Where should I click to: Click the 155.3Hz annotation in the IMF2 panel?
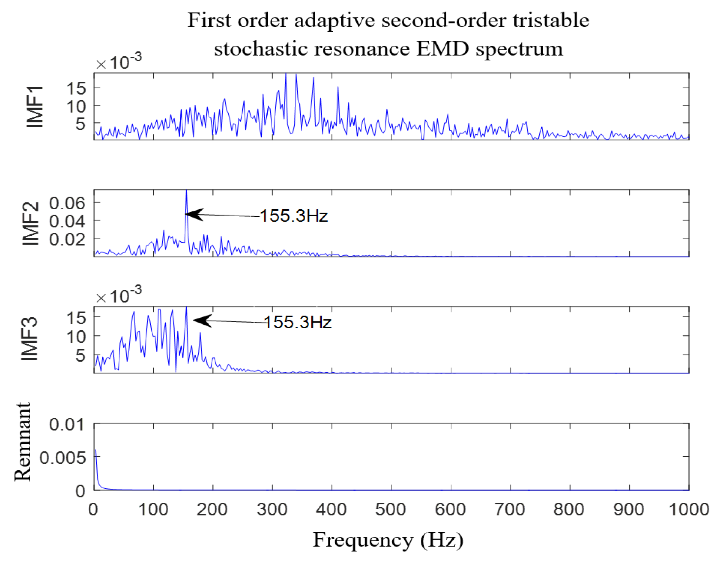click(293, 216)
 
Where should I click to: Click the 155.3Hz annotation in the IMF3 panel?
click(298, 322)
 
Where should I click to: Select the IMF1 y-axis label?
click(35, 107)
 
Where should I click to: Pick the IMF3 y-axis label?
click(30, 339)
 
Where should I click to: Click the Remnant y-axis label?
click(23, 442)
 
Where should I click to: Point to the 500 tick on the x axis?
click(391, 509)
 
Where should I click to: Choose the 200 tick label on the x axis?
click(212, 509)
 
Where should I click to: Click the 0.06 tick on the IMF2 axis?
click(67, 203)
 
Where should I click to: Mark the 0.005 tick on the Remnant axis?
click(63, 458)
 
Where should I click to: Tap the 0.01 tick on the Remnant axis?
click(67, 425)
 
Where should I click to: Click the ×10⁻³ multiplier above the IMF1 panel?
click(119, 62)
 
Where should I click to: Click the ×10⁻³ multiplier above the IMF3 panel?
click(119, 296)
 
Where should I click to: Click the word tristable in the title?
click(551, 20)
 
